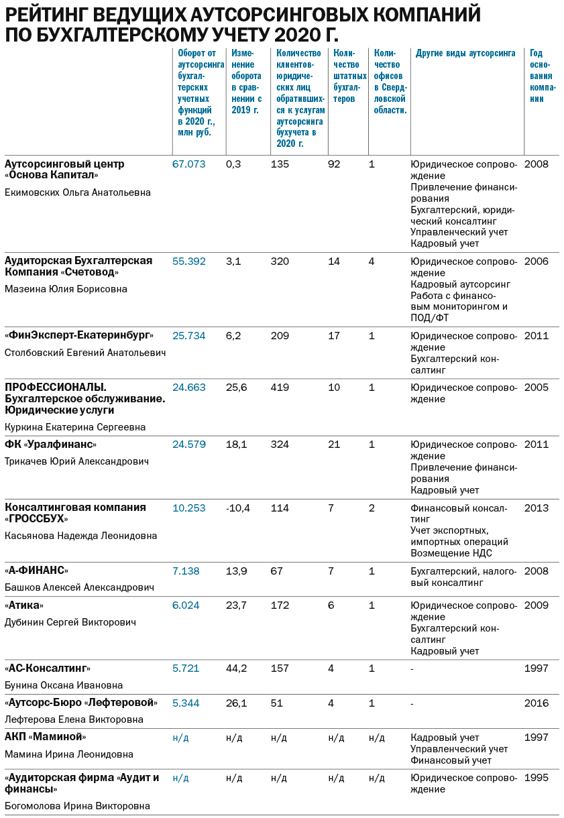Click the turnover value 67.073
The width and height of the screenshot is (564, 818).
(188, 164)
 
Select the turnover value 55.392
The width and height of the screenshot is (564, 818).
(188, 261)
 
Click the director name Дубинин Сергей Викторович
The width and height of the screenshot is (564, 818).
(70, 622)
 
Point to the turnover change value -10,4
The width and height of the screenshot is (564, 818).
(238, 508)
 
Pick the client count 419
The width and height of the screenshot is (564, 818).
(280, 388)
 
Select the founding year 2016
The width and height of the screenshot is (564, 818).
(536, 703)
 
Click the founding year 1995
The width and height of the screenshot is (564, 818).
(536, 778)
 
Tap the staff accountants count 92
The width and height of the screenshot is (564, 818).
(334, 164)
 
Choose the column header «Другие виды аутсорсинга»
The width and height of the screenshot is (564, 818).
(465, 54)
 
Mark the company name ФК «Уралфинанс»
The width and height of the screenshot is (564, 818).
(51, 445)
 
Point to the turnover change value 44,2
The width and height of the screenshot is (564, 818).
(237, 668)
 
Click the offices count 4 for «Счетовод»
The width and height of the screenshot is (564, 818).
(372, 261)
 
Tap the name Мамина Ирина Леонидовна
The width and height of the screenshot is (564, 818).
(69, 754)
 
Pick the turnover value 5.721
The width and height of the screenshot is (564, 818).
(186, 668)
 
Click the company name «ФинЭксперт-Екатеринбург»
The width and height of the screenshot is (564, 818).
(79, 336)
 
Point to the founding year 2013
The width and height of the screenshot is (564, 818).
(536, 508)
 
